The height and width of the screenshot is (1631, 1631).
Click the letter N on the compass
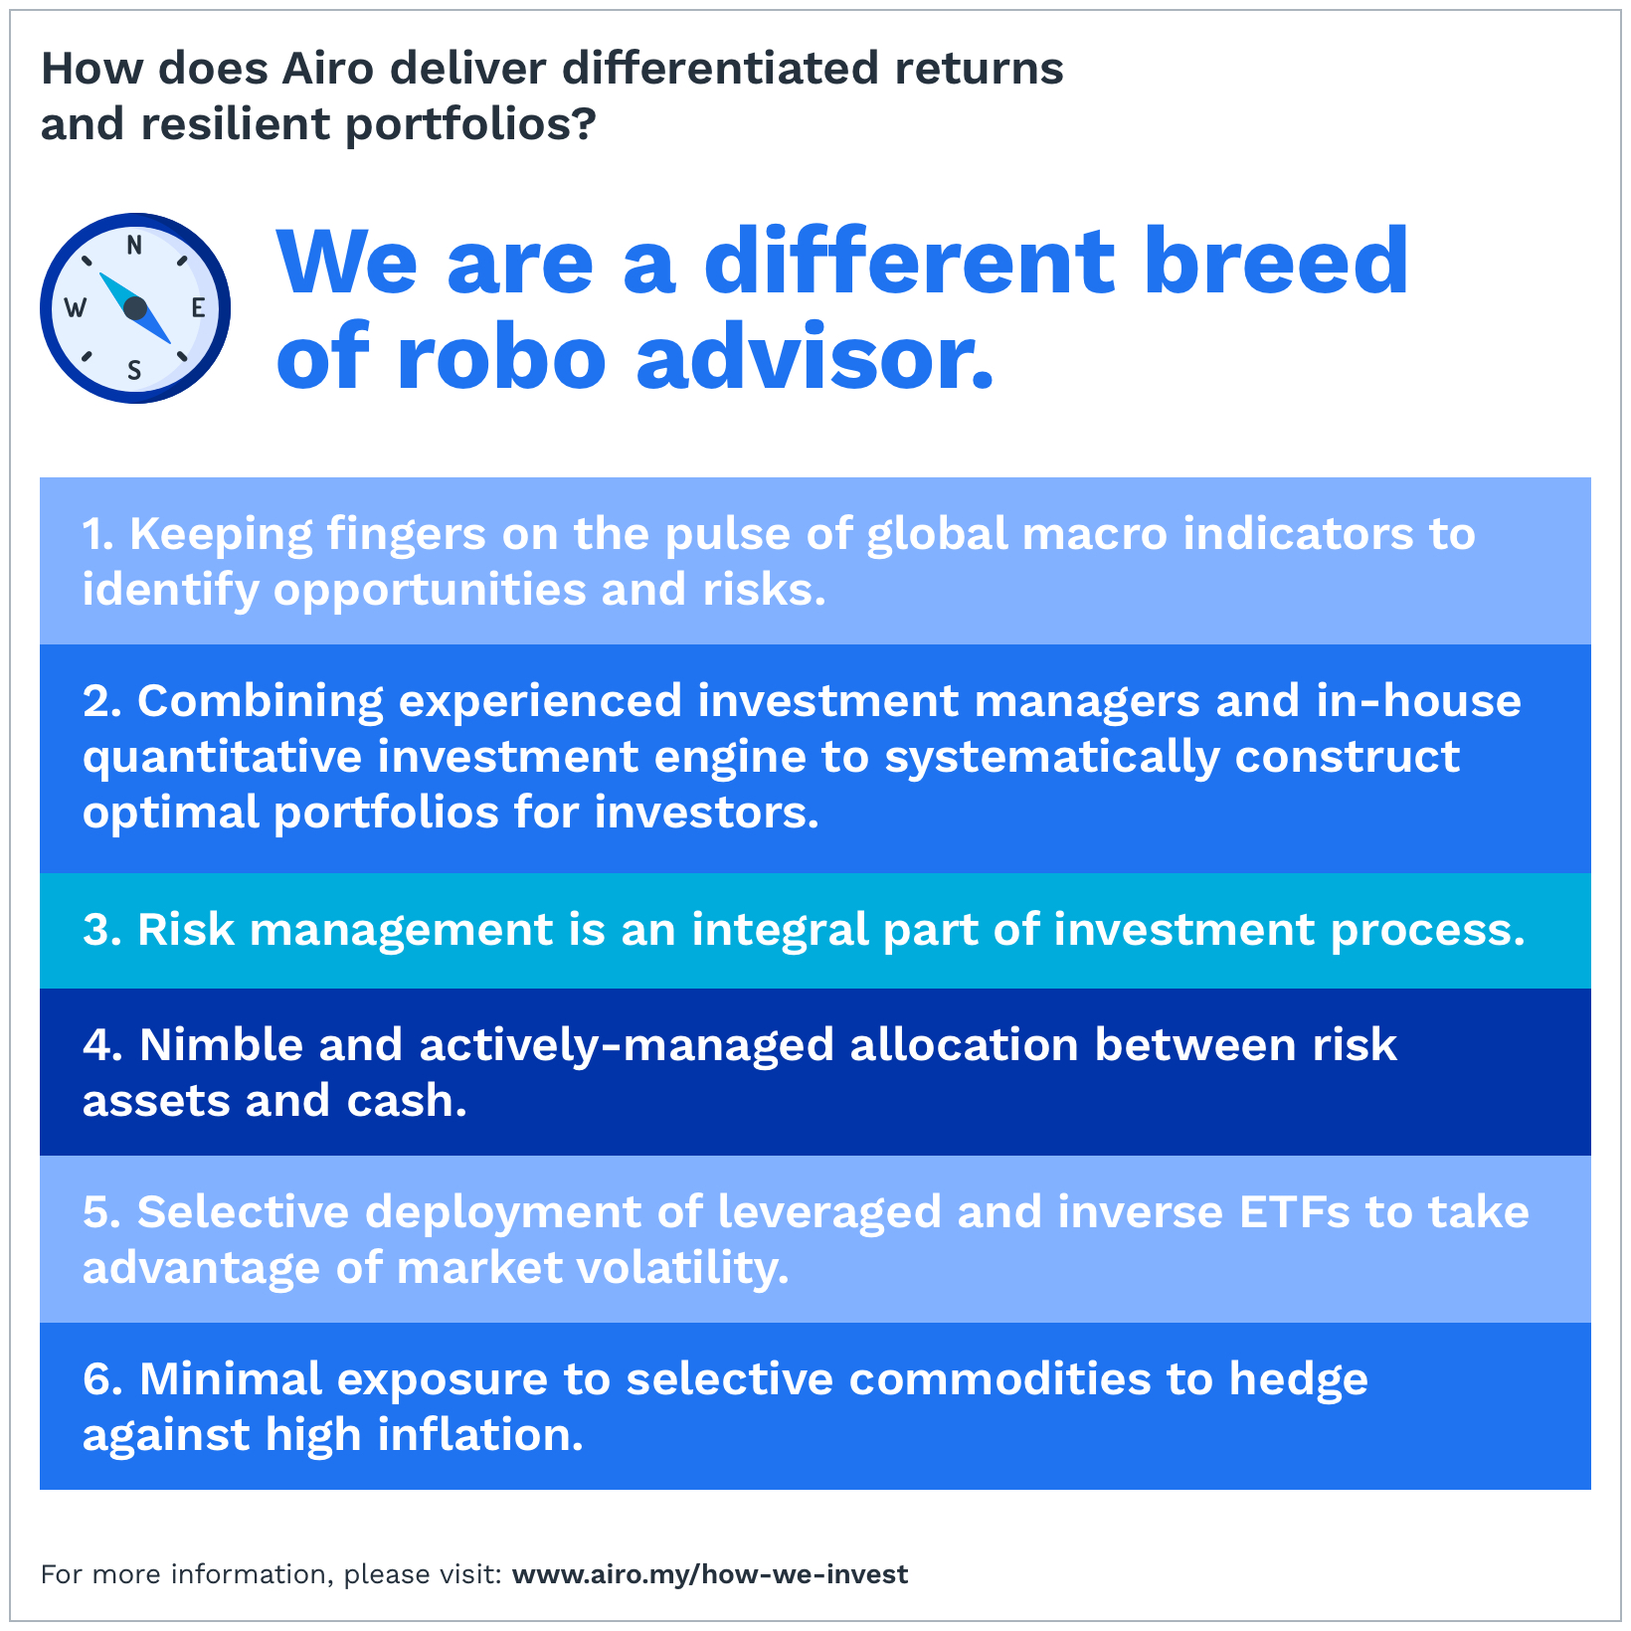click(134, 245)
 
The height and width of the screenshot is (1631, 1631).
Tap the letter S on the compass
click(134, 371)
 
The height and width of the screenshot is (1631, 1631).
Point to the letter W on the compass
click(75, 308)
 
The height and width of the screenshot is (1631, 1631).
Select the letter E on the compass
click(198, 308)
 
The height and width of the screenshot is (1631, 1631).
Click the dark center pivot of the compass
click(135, 307)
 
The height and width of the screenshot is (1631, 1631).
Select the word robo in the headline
click(501, 358)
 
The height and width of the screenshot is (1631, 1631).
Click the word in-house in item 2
click(1419, 701)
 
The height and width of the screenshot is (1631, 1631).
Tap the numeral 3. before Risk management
click(102, 930)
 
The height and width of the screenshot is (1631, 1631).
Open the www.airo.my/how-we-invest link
click(710, 1574)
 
